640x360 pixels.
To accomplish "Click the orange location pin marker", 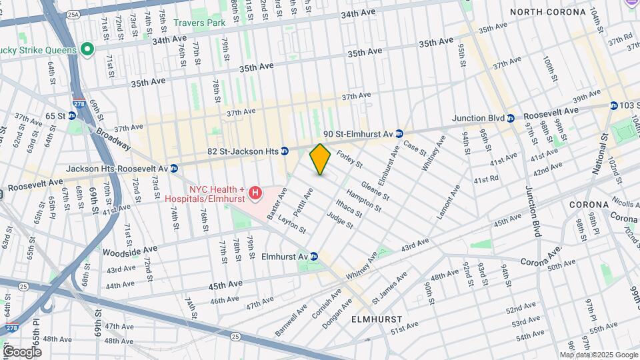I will pos(320,159).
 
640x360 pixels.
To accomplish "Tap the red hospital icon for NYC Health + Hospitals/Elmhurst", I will pos(255,194).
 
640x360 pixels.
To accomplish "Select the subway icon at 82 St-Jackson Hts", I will pos(284,151).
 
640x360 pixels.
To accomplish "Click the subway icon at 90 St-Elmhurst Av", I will pos(399,133).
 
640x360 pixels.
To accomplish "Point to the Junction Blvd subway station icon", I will pos(510,118).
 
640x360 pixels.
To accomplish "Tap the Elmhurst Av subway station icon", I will pos(314,257).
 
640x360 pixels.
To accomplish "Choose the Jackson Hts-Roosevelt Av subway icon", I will pos(173,169).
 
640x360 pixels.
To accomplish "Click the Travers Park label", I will pos(199,23).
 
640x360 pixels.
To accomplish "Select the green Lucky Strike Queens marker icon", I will pos(86,49).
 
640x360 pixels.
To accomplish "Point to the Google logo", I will pos(21,351).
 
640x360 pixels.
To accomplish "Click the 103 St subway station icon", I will pos(613,105).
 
